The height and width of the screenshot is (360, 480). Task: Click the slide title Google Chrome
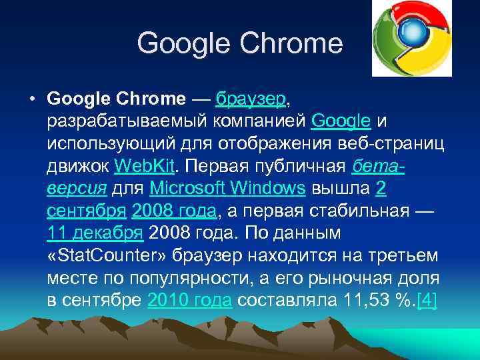coord(239,44)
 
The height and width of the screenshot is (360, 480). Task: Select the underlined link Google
coord(341,121)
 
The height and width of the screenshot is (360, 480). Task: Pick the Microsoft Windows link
coord(228,189)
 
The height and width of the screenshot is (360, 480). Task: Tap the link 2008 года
coord(174,211)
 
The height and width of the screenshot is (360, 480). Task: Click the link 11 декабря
coord(95,233)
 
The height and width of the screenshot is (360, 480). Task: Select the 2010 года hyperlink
coord(189,300)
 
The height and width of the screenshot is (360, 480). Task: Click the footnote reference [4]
coord(427,300)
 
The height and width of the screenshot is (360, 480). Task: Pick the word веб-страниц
coord(377,144)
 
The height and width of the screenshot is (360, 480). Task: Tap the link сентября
coord(87,211)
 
